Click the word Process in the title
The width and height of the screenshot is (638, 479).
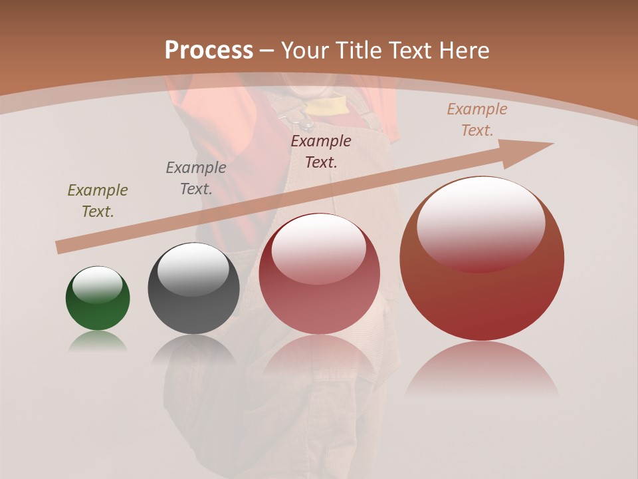209,51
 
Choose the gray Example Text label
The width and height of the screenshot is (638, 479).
196,178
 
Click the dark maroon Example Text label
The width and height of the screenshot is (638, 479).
321,151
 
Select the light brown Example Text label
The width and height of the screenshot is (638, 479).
477,120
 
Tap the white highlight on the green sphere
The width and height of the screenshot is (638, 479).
97,285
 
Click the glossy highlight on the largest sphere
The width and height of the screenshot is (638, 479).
480,223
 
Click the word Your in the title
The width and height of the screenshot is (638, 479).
307,51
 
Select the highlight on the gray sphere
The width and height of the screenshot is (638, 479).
193,270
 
